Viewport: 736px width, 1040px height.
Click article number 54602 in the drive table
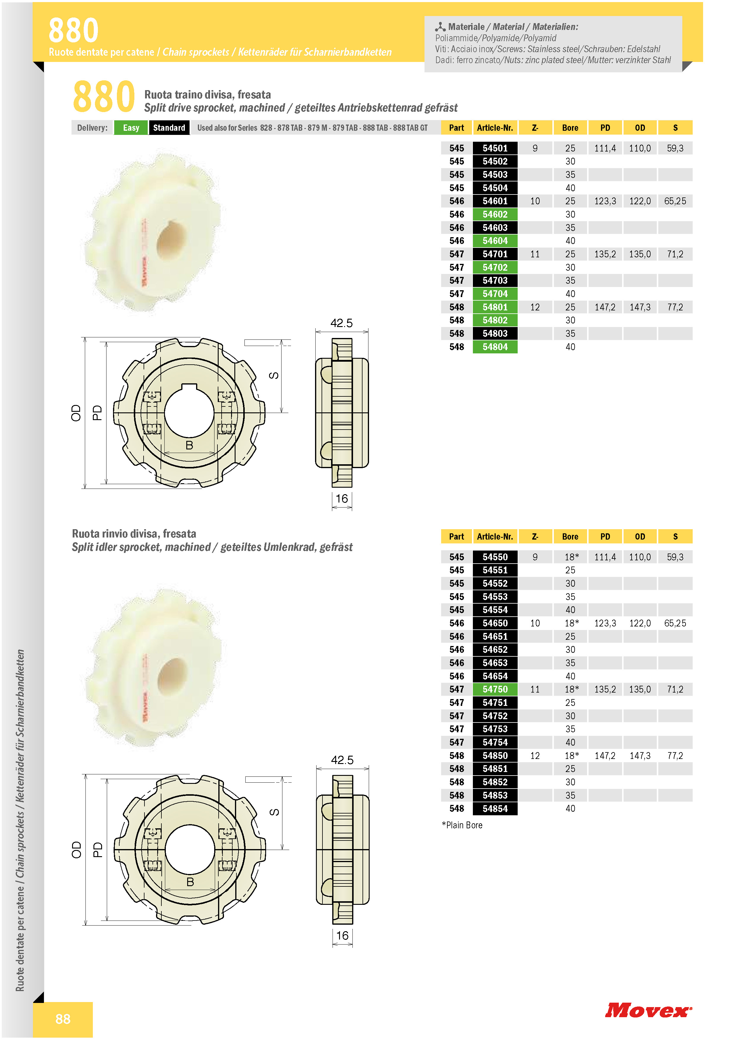click(x=495, y=214)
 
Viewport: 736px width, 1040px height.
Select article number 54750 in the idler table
click(x=495, y=689)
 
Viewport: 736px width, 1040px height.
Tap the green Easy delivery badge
click(x=131, y=128)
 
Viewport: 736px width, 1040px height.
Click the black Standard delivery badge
click(x=169, y=128)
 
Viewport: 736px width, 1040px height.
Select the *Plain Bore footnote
click(x=462, y=825)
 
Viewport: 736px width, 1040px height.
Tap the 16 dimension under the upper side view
click(x=342, y=499)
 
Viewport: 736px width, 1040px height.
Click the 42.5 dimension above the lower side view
click(x=342, y=760)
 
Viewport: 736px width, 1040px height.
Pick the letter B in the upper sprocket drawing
click(x=190, y=445)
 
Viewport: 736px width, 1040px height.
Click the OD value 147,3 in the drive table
click(x=640, y=307)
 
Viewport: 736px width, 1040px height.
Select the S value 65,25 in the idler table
click(x=675, y=623)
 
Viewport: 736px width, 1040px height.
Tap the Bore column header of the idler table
click(x=570, y=537)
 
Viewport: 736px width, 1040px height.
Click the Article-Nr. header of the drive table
click(x=495, y=128)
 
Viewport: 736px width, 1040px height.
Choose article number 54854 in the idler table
click(x=495, y=808)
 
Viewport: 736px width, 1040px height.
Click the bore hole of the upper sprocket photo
click(x=171, y=240)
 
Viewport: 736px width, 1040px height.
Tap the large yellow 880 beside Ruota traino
click(x=104, y=96)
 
